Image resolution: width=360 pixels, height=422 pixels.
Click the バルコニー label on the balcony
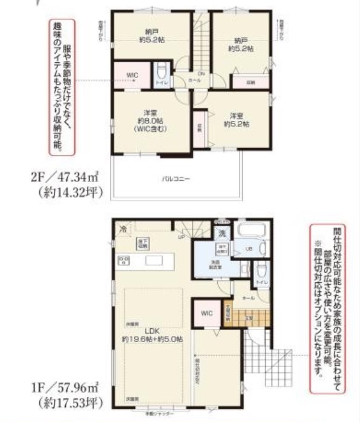176,180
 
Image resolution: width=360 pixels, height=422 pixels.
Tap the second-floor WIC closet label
133,75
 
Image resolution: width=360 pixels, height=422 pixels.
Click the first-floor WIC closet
205,313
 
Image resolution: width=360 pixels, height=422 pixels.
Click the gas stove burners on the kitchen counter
125,261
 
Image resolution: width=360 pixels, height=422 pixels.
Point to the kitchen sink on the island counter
152,261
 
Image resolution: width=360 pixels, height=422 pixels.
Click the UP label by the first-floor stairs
181,237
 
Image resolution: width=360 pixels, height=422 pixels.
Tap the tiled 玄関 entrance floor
237,314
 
